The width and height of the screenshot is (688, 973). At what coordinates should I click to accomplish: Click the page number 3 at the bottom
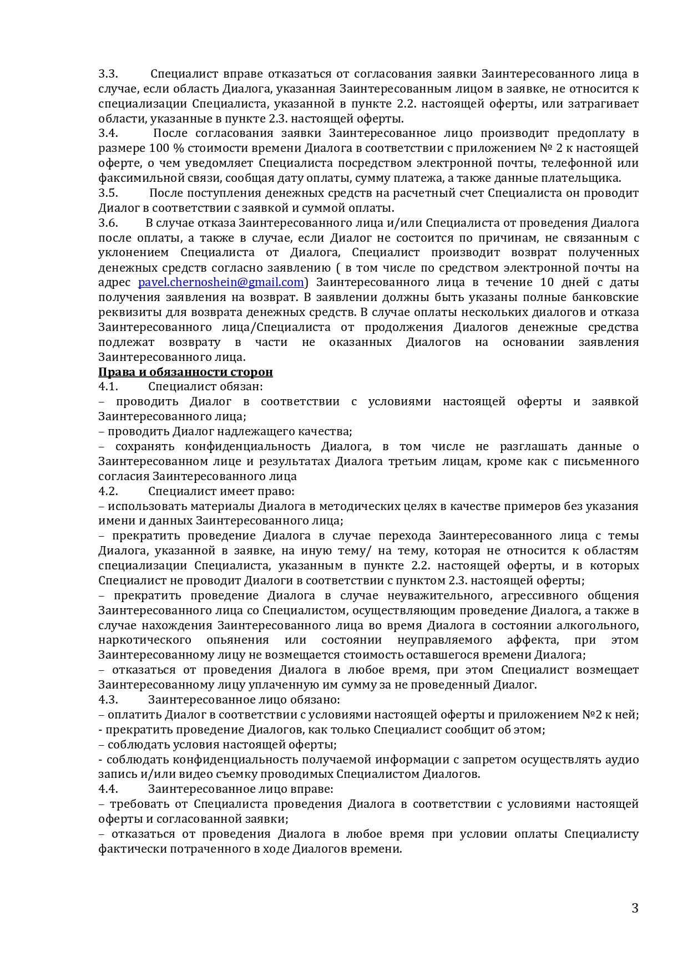point(635,908)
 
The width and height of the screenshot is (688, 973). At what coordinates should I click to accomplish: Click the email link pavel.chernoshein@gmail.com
point(221,282)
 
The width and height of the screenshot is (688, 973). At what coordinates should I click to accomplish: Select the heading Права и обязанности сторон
point(185,372)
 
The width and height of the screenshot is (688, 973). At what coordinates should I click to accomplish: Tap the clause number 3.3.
point(108,74)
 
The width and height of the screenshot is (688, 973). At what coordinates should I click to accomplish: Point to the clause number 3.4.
point(108,134)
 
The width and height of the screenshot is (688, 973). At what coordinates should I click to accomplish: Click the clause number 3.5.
point(108,193)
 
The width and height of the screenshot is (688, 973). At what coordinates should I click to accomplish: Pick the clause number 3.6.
point(108,223)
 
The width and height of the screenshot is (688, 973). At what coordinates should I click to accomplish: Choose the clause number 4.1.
point(108,387)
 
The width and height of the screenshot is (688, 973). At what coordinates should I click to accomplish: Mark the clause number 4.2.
point(108,492)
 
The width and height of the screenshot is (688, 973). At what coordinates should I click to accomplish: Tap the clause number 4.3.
point(108,700)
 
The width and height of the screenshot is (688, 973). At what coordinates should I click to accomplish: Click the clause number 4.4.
point(108,789)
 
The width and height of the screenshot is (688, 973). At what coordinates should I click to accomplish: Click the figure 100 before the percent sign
point(159,149)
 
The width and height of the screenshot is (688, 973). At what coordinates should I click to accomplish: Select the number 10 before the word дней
point(547,282)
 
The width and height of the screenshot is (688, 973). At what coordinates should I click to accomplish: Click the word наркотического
point(145,640)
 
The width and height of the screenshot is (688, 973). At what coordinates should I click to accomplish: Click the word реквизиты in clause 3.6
point(127,312)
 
